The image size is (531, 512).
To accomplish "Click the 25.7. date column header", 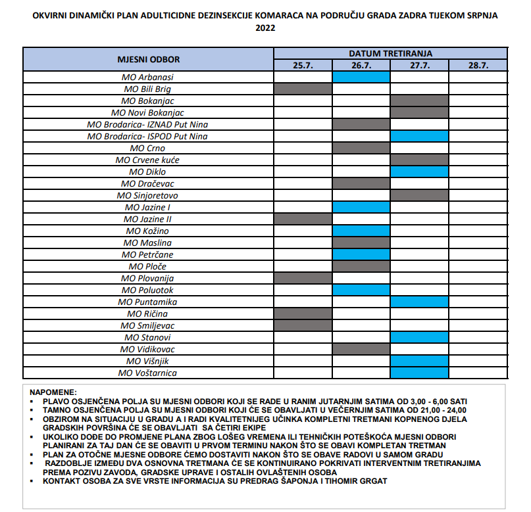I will click(x=303, y=65).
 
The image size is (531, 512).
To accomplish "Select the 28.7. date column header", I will click(x=478, y=65).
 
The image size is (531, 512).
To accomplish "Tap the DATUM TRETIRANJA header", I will click(x=390, y=53).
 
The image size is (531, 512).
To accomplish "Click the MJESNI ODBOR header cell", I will click(x=148, y=59).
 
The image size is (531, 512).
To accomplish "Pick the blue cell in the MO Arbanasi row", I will click(x=361, y=77).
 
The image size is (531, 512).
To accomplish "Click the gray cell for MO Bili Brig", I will click(x=303, y=89).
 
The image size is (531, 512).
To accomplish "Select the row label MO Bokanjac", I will click(x=148, y=101).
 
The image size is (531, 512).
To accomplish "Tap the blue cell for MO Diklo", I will click(x=419, y=172).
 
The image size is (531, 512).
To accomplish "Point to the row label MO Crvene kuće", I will click(x=148, y=160).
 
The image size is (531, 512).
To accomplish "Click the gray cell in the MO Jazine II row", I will click(x=303, y=219).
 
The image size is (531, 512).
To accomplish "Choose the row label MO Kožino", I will click(x=148, y=231).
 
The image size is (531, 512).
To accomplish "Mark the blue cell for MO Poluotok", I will click(x=361, y=290).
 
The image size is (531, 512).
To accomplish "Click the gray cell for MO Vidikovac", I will click(x=361, y=349).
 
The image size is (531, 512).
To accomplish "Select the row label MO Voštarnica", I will click(x=148, y=373).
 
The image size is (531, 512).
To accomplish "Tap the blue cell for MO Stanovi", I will click(x=419, y=337).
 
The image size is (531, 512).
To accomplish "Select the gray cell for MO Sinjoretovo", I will click(x=419, y=195).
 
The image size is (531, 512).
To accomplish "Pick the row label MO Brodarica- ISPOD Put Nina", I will click(x=148, y=136).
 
